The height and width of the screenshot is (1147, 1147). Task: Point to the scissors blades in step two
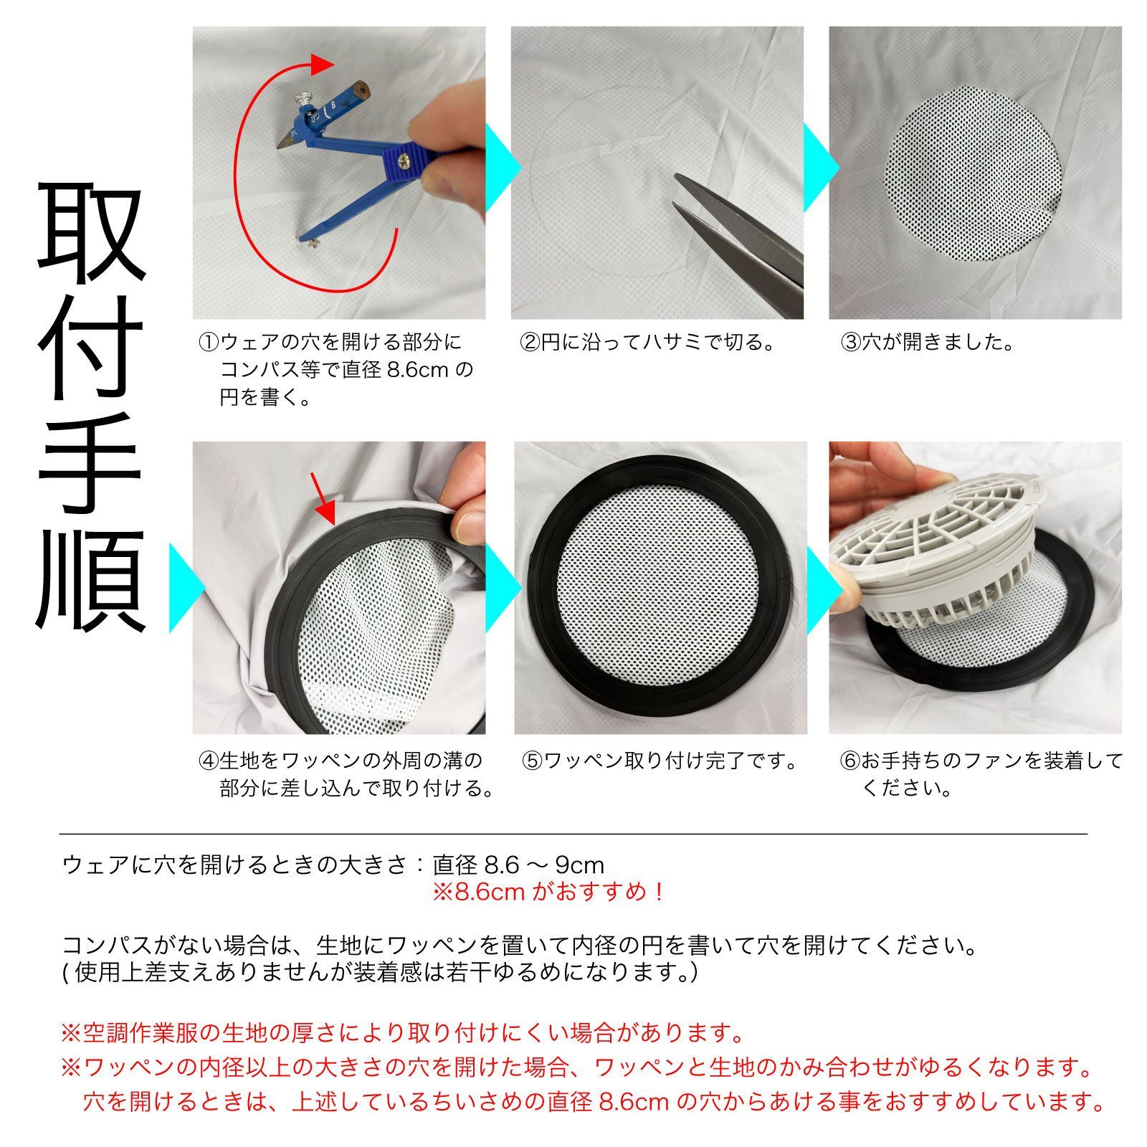pos(738,237)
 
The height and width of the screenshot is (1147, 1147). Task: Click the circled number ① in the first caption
pos(209,342)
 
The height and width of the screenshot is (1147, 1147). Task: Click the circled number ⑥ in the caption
pos(850,760)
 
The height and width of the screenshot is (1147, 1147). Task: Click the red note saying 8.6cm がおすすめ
pos(548,893)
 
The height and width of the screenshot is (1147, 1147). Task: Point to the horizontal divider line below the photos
pos(573,834)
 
